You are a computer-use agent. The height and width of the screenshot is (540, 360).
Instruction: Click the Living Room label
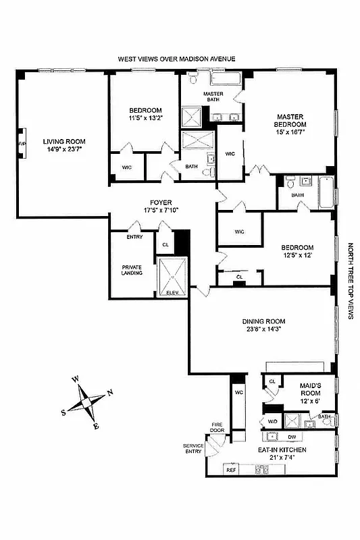[x=63, y=142]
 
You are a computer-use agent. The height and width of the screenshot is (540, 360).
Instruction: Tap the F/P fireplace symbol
[x=22, y=144]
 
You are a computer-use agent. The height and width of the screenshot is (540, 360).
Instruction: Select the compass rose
[x=86, y=404]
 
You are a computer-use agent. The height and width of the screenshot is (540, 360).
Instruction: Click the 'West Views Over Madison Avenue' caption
[x=177, y=59]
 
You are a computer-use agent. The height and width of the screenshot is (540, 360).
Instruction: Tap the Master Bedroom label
[x=290, y=121]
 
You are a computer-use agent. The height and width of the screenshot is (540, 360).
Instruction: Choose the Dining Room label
[x=264, y=321]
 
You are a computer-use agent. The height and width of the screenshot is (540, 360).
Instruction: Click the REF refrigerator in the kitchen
[x=230, y=468]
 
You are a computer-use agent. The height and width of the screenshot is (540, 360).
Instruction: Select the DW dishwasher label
[x=292, y=437]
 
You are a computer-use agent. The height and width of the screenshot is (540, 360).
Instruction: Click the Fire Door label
[x=216, y=427]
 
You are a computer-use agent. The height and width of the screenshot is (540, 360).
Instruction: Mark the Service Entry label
[x=193, y=449]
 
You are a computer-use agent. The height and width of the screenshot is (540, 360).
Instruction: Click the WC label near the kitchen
[x=238, y=392]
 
